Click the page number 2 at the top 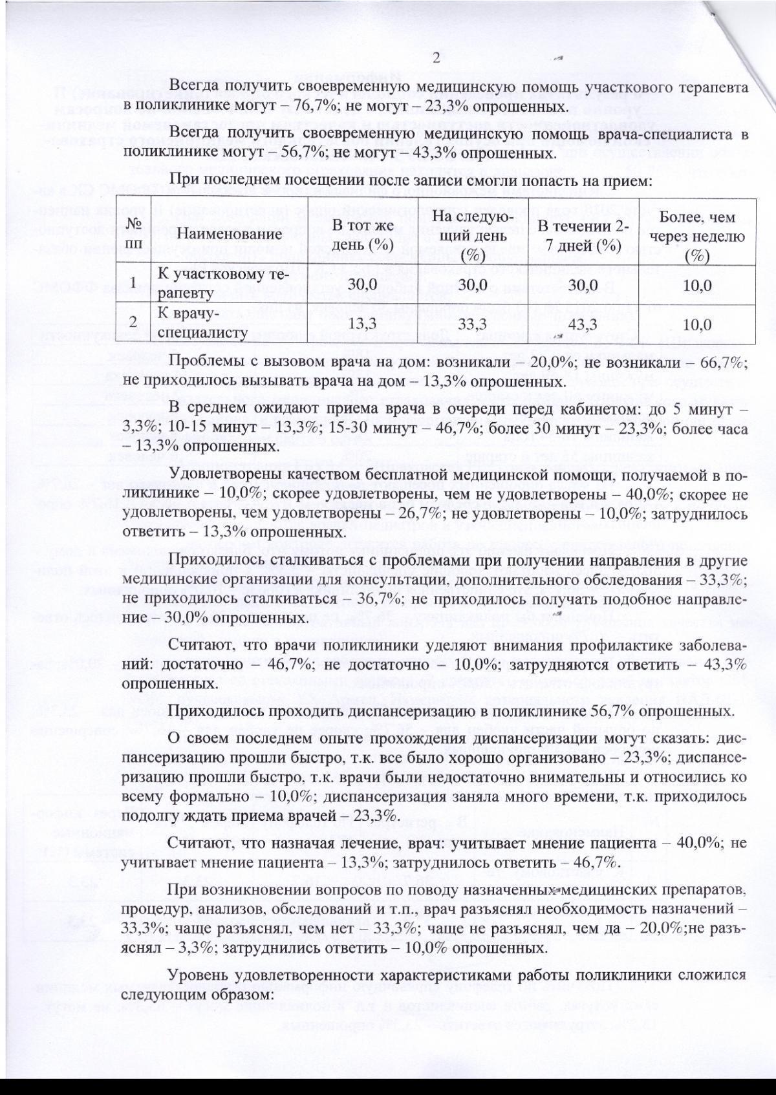pyautogui.click(x=436, y=59)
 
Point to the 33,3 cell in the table pyautogui.click(x=472, y=323)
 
